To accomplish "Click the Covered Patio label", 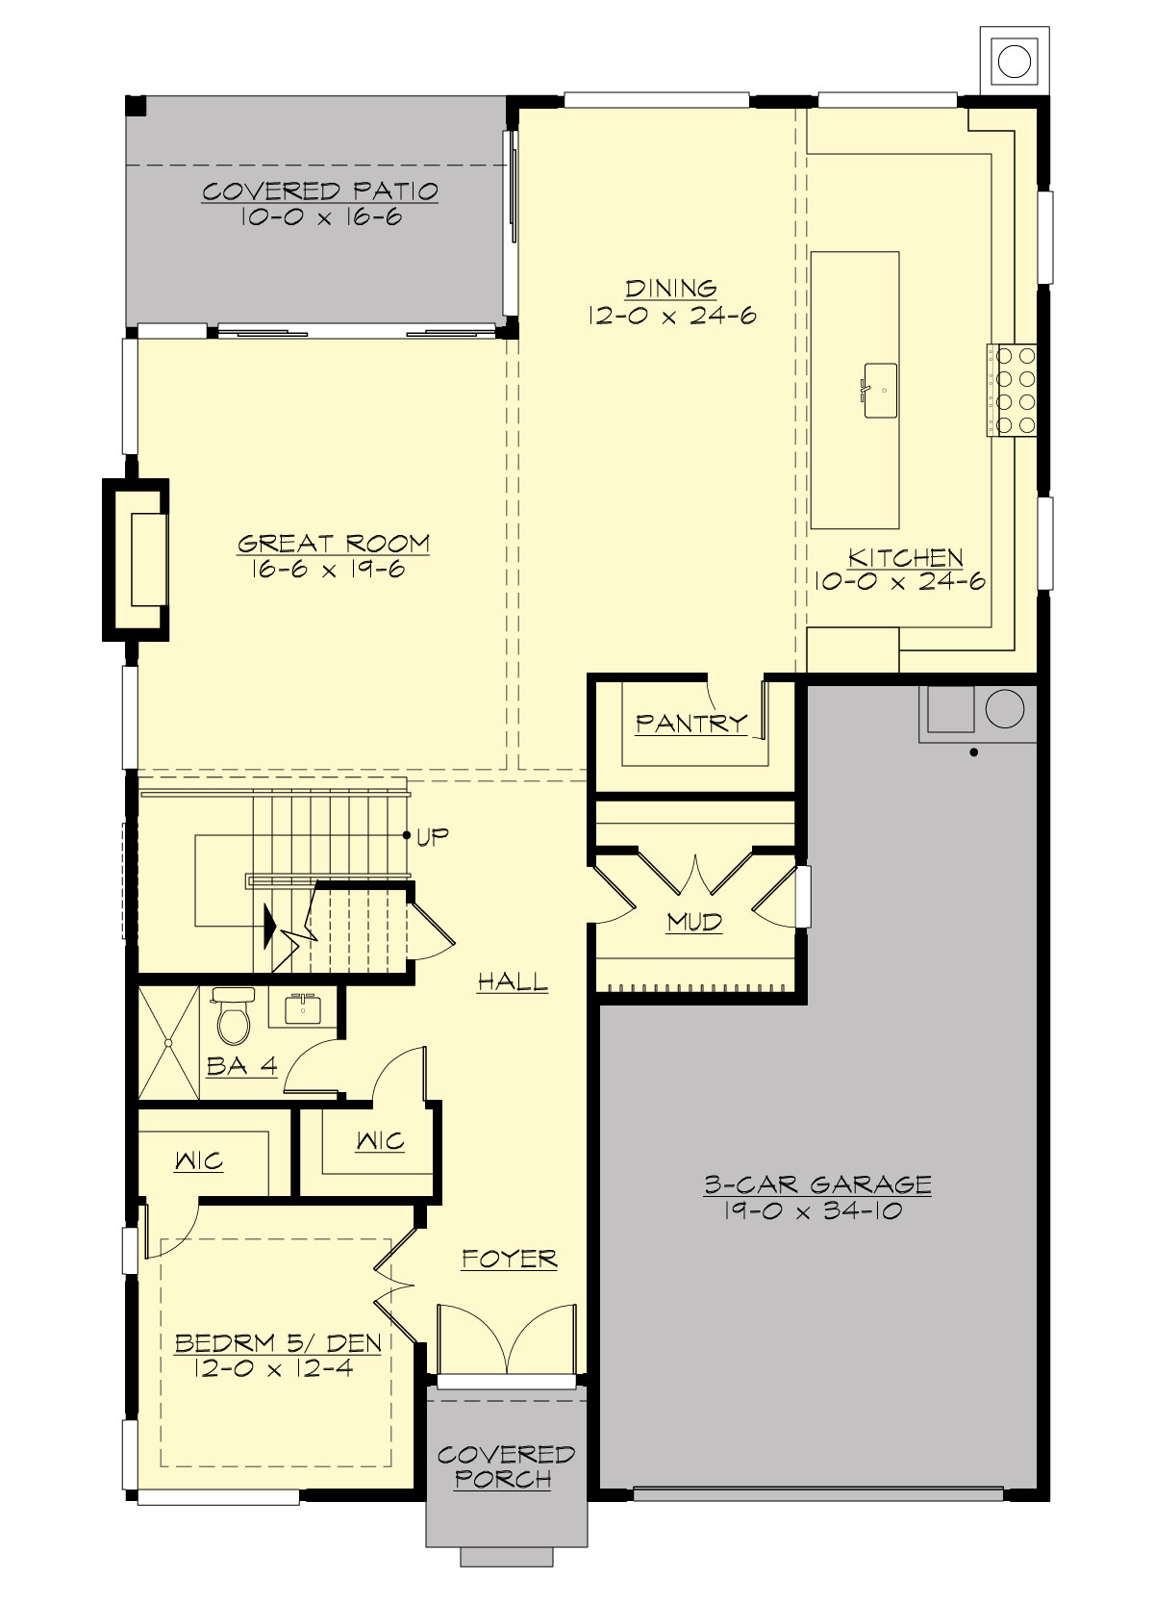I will click(320, 191).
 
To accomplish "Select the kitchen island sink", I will click(881, 391).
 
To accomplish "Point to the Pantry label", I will click(691, 723).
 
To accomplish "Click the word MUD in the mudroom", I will click(694, 923).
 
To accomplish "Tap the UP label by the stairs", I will click(433, 835).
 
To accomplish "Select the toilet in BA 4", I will click(233, 1018).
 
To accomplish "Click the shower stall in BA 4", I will click(169, 1042).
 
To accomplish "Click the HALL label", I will click(513, 982).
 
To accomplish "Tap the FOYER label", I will click(509, 1259).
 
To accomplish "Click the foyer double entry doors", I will click(507, 1339).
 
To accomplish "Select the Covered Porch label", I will click(506, 1466).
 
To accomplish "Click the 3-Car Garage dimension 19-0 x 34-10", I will click(814, 1211).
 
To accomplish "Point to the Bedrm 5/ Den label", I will click(278, 1343).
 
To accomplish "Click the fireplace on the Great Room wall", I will click(138, 559).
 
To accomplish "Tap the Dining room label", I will click(671, 288).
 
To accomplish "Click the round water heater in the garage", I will click(1004, 709).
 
